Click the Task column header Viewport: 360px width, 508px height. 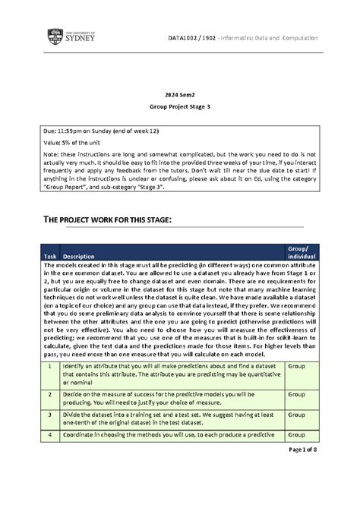tap(50, 255)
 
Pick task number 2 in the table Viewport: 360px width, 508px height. tap(50, 395)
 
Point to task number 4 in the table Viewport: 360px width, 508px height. tap(50, 434)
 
